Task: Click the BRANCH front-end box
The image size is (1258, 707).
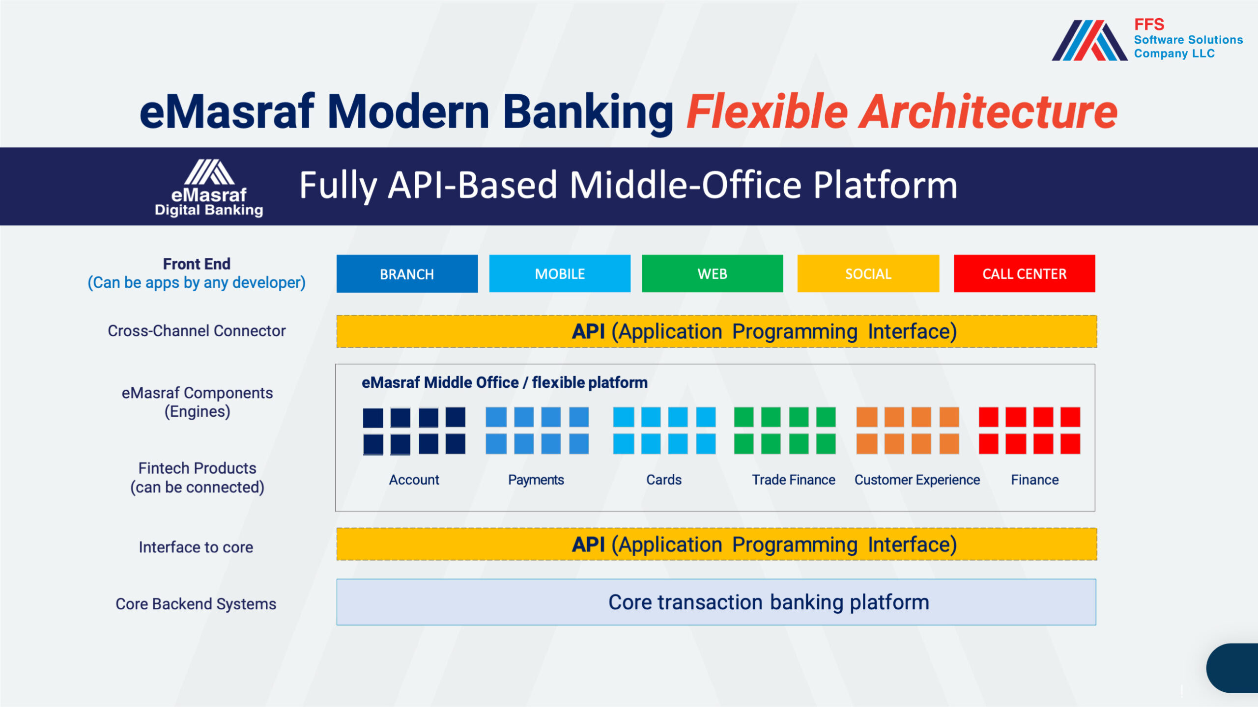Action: coord(407,273)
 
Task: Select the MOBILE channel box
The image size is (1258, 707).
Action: coord(560,273)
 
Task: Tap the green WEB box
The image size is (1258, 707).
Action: coord(712,273)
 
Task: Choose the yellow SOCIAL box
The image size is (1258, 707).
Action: coord(868,273)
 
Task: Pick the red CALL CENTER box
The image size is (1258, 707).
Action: coord(1025,273)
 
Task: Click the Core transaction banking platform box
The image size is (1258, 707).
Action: coord(716,602)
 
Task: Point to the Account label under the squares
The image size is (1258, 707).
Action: coord(414,480)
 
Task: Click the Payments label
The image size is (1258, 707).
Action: coord(536,480)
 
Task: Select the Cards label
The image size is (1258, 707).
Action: coord(664,480)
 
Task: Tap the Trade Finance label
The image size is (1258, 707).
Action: coord(794,480)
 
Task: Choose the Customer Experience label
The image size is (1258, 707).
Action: coord(917,480)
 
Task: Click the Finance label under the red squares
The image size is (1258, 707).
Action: coord(1034,480)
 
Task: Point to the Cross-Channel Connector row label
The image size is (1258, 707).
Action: coord(197,331)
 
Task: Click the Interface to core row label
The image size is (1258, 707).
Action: coord(196,547)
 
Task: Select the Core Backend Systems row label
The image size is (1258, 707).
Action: coord(196,604)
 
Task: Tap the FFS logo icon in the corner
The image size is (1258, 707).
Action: coord(1090,40)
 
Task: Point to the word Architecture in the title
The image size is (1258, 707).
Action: coord(988,112)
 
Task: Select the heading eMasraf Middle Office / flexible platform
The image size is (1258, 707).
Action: coord(505,382)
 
